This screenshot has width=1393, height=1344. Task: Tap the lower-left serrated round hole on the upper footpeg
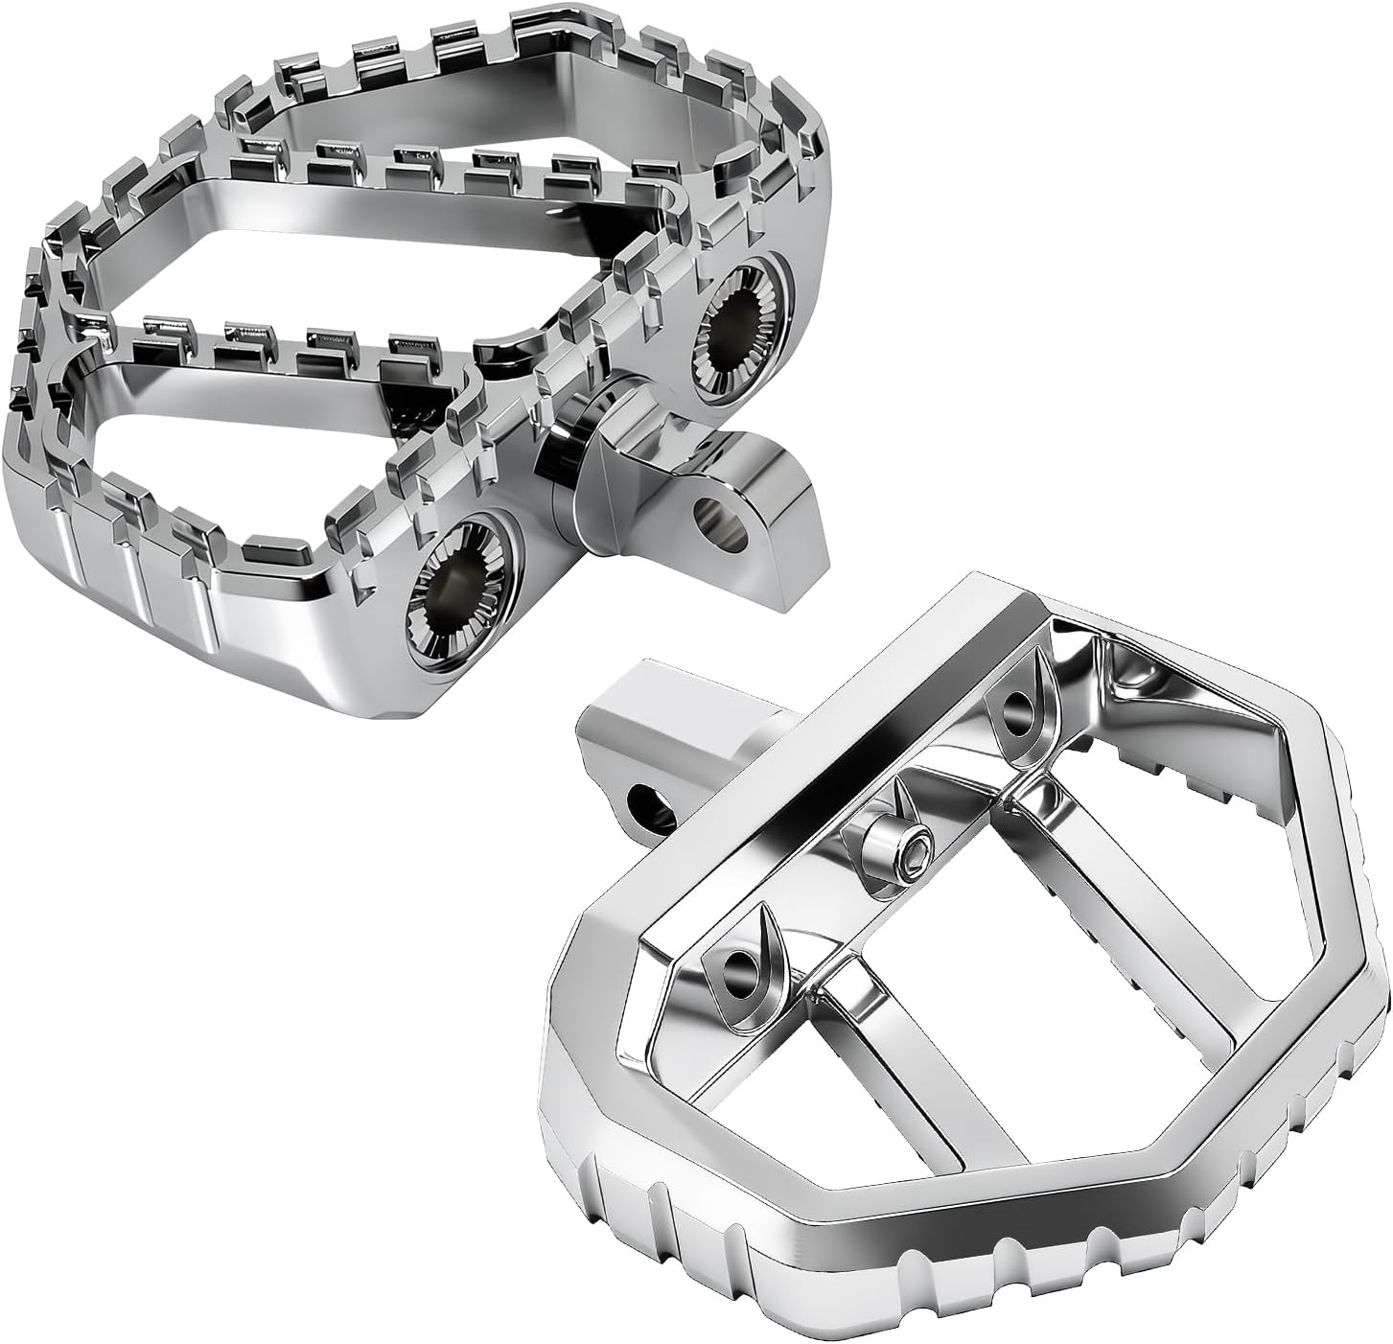(x=452, y=594)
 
